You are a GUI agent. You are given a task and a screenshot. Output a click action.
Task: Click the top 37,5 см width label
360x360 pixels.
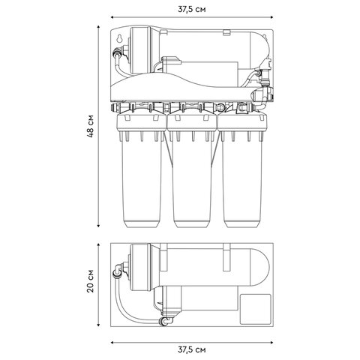pos(192,10)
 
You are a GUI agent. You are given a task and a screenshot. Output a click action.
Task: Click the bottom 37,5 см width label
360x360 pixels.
pos(192,349)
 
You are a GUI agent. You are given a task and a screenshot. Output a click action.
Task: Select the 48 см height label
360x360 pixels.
pos(90,126)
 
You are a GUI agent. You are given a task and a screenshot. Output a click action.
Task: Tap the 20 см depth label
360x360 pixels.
pos(90,281)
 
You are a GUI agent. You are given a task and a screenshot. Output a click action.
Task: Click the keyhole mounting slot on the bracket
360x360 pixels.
pos(119,38)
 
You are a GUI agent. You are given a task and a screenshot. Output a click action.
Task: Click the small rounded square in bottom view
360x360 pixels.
pos(256,309)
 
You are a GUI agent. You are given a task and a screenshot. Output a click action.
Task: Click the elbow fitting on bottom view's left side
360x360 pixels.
pos(118,271)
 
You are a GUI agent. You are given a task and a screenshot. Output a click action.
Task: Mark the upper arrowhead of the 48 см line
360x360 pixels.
pos(98,27)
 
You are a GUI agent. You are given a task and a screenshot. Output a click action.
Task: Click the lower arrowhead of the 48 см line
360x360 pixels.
pos(98,226)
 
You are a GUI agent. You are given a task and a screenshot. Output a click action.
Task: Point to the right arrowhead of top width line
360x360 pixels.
pos(271,17)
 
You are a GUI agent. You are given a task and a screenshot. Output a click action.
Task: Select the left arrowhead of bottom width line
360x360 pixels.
pos(112,342)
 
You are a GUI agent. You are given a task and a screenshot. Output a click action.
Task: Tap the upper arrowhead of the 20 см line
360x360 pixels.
pos(98,245)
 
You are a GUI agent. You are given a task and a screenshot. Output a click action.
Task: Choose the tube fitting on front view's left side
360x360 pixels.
pos(117,53)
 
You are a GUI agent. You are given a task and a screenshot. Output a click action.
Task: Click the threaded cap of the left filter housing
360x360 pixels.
pos(141,122)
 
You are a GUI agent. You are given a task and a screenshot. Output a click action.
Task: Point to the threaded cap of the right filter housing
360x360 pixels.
pos(242,122)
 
